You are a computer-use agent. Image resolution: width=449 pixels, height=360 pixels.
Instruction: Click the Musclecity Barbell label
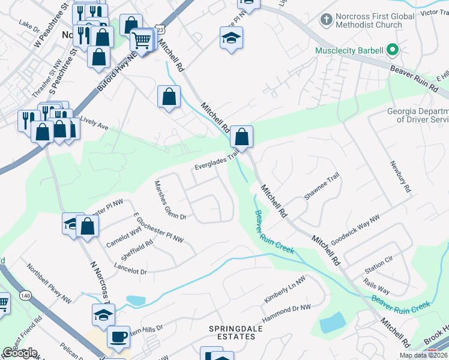[350, 50]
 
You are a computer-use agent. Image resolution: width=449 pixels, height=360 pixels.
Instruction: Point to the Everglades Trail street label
[217, 158]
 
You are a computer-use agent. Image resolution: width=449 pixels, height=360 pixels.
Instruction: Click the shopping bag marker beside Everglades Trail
[241, 137]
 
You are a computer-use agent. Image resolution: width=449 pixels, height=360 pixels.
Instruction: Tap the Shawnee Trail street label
[322, 188]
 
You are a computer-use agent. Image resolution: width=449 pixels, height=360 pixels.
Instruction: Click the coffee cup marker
[118, 337]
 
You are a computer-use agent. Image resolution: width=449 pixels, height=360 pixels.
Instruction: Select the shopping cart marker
[142, 41]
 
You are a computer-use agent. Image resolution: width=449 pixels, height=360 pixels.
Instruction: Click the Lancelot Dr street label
[130, 268]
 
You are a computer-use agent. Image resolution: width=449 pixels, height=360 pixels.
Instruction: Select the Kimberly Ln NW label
[285, 290]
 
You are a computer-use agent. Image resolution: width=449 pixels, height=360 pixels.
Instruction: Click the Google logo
[19, 353]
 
